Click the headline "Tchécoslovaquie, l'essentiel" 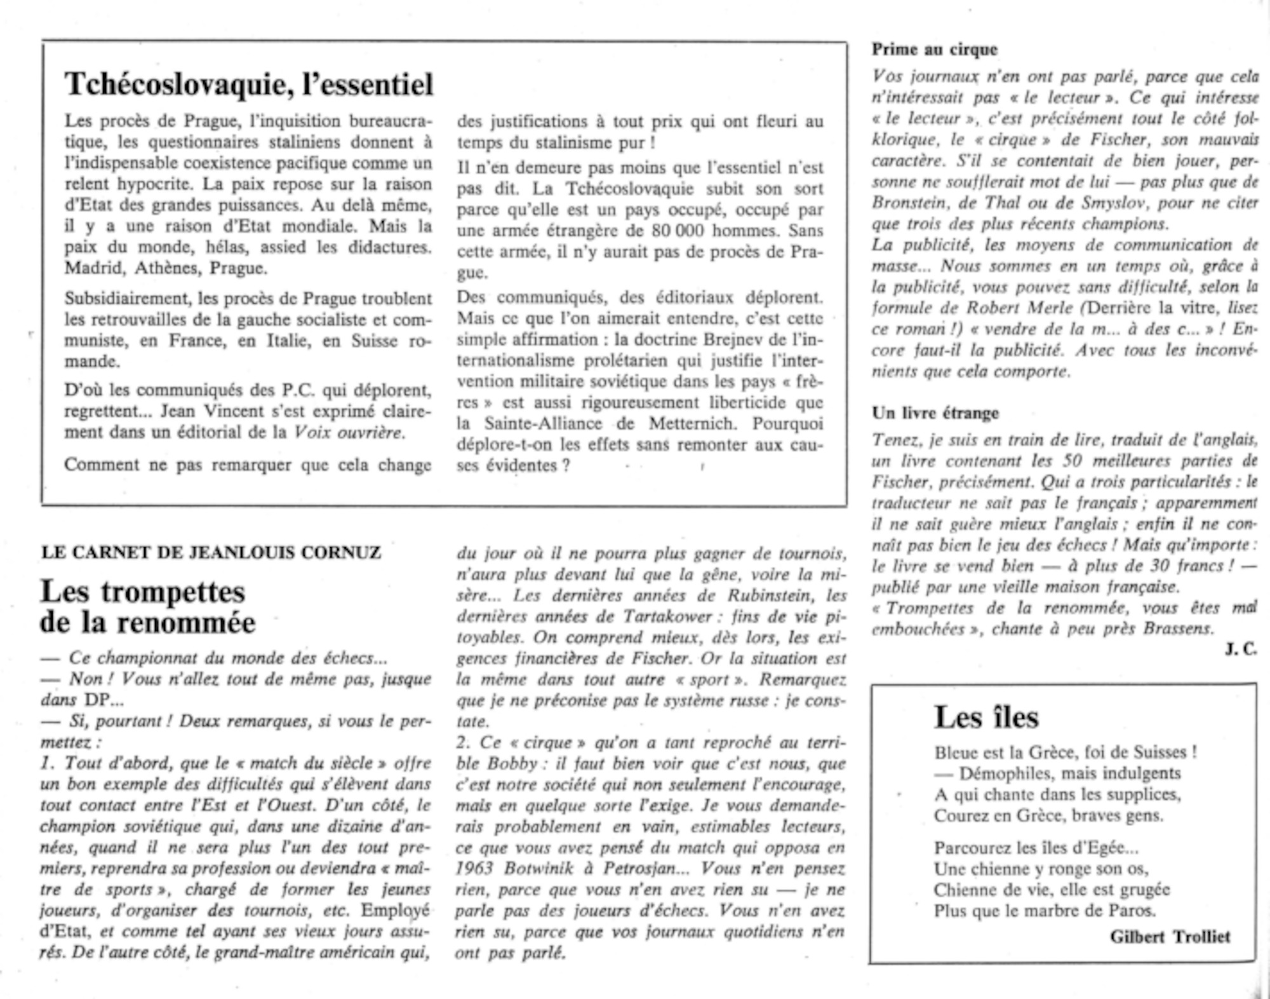coord(249,85)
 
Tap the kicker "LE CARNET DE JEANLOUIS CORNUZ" coord(211,552)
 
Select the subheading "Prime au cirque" coord(934,50)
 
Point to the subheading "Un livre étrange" coord(935,413)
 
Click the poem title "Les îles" coord(986,717)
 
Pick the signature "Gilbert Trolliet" coord(1170,937)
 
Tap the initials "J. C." coord(1241,650)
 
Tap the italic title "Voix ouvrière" coord(349,433)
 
